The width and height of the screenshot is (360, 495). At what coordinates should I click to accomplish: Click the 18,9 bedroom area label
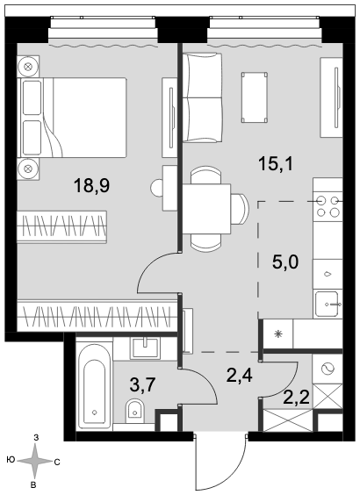click(91, 186)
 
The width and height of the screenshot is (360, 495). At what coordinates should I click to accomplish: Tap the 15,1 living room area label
click(276, 164)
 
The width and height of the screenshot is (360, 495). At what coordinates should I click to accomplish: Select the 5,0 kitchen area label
click(285, 262)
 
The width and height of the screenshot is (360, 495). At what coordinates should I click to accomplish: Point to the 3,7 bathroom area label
click(142, 384)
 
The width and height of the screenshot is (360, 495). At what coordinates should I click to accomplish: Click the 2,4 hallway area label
click(240, 375)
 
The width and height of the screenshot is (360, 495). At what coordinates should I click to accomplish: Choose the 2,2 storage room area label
click(296, 398)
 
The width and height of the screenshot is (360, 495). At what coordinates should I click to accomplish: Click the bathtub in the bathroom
click(94, 387)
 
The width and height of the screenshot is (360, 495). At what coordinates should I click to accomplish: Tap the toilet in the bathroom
click(135, 411)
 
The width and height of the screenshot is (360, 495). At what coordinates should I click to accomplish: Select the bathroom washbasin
click(145, 348)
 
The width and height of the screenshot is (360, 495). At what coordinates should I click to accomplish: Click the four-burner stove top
click(328, 206)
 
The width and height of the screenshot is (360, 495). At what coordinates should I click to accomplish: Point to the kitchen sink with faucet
click(328, 305)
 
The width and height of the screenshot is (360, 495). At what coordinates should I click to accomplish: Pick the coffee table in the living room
click(255, 97)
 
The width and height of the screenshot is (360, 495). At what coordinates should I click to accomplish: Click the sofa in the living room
click(203, 97)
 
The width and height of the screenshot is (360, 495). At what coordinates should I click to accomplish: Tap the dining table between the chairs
click(206, 209)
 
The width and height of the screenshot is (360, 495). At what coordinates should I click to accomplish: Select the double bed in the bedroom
click(74, 118)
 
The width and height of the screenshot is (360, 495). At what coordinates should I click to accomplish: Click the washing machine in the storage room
click(328, 369)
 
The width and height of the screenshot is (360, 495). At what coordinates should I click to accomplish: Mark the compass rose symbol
click(34, 461)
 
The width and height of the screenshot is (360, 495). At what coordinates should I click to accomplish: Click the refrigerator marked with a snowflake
click(278, 334)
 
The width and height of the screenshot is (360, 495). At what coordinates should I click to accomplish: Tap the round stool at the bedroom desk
click(156, 188)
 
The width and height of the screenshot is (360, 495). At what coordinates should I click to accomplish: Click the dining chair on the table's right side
click(240, 209)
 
